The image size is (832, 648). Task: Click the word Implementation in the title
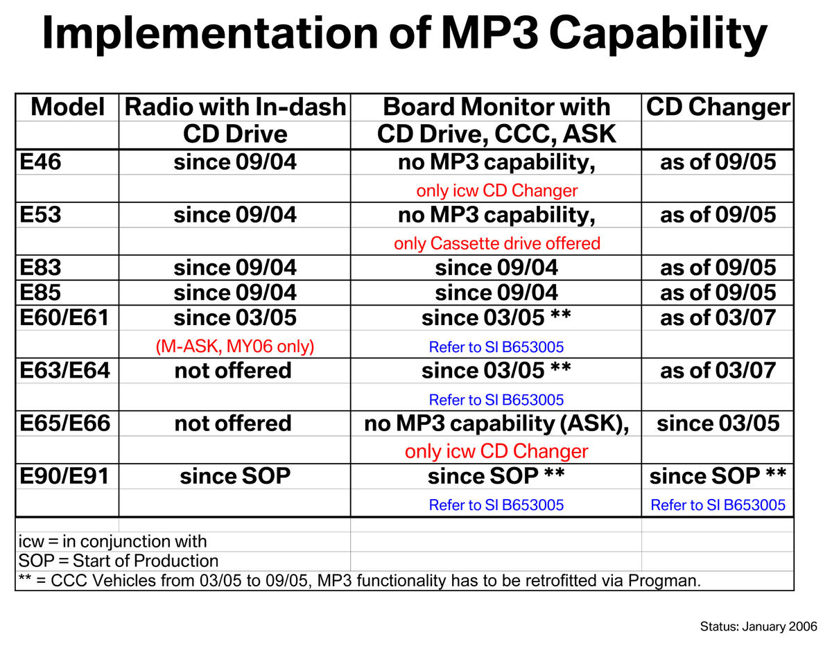tap(210, 34)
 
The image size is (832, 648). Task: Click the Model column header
tap(67, 107)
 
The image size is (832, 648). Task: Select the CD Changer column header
tap(718, 107)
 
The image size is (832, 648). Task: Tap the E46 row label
tap(40, 162)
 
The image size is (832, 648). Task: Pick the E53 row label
tap(40, 215)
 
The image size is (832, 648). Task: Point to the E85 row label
tap(40, 292)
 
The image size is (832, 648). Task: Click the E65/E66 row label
tap(64, 423)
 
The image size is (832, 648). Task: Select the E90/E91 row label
tap(64, 476)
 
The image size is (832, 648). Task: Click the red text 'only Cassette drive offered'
tap(497, 244)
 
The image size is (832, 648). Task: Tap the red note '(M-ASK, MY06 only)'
tap(235, 347)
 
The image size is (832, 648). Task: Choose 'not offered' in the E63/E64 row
tap(233, 371)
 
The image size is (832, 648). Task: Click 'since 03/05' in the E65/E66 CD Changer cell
tap(718, 423)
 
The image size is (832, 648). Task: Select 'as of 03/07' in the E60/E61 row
tap(718, 317)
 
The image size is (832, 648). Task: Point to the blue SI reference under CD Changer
tap(718, 505)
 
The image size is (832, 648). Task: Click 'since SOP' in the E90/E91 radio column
tap(235, 476)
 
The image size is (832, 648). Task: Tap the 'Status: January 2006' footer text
tap(759, 627)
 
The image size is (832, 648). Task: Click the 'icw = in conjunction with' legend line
tap(112, 541)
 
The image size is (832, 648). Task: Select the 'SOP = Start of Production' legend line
tap(119, 561)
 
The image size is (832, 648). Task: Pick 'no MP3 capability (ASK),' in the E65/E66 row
tap(496, 424)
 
